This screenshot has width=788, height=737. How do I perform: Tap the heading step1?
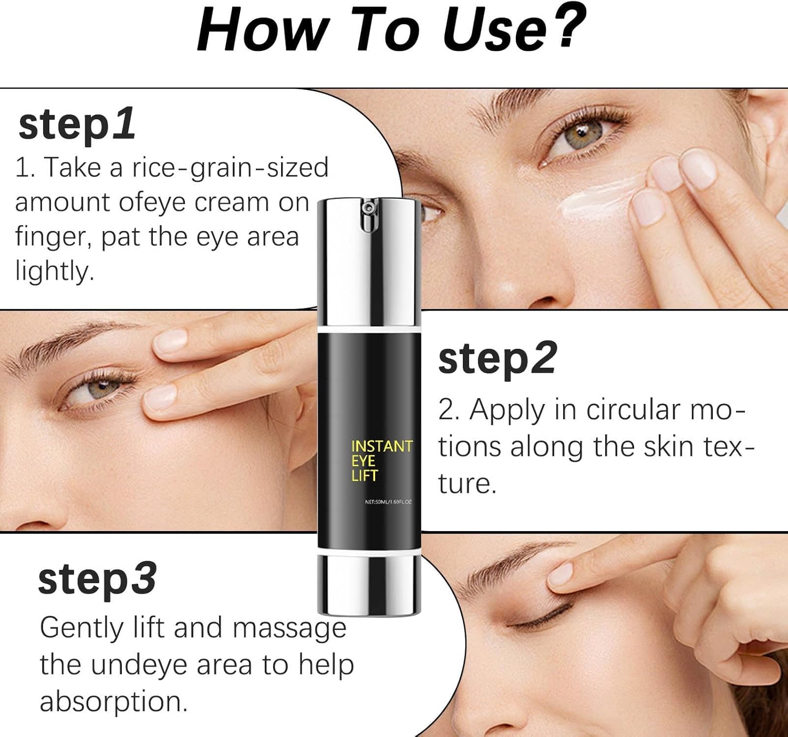[x=77, y=124]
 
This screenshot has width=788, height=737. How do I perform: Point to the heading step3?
[x=97, y=579]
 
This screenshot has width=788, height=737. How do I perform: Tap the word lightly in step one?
[x=54, y=272]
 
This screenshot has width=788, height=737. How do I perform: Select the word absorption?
[x=113, y=701]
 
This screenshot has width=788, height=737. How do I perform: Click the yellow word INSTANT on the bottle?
[x=382, y=446]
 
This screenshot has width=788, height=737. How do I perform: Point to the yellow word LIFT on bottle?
[x=365, y=475]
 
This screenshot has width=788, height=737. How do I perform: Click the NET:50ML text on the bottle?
[x=388, y=502]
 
